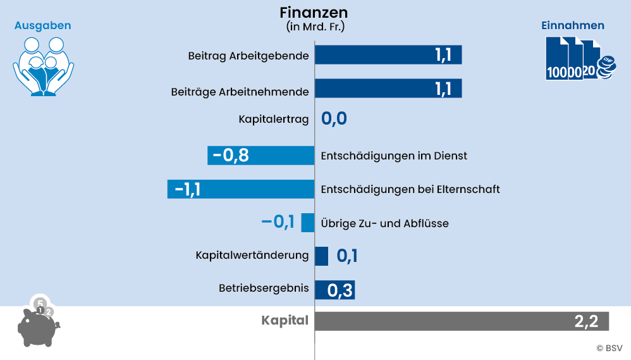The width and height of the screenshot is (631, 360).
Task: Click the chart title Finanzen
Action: click(x=314, y=13)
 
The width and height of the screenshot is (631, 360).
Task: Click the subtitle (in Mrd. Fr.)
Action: click(x=314, y=27)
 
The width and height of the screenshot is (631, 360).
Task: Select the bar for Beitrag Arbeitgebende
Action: click(x=388, y=55)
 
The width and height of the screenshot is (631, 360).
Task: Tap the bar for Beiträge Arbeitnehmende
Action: click(x=388, y=89)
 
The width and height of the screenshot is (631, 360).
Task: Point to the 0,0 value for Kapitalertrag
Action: click(x=334, y=119)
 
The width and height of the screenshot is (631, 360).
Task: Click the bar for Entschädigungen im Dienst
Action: click(x=261, y=156)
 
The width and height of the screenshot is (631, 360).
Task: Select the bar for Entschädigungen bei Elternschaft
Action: click(x=241, y=189)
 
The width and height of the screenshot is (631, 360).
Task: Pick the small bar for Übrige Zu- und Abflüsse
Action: click(x=308, y=222)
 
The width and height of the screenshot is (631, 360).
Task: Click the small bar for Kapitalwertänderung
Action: click(x=321, y=256)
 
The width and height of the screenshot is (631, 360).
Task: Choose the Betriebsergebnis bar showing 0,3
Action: click(x=334, y=290)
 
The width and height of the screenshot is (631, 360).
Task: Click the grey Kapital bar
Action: click(x=462, y=321)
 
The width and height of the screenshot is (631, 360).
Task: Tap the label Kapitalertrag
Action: click(x=274, y=119)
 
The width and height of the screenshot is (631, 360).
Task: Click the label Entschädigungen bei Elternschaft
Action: click(x=410, y=189)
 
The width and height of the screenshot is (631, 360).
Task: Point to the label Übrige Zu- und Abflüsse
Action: click(x=385, y=223)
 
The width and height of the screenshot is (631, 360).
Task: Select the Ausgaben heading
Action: click(x=43, y=25)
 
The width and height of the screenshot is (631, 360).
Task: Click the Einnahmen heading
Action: click(x=572, y=25)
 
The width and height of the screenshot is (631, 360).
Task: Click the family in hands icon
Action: click(x=43, y=66)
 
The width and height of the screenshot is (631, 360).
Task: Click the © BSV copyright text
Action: click(x=609, y=347)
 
